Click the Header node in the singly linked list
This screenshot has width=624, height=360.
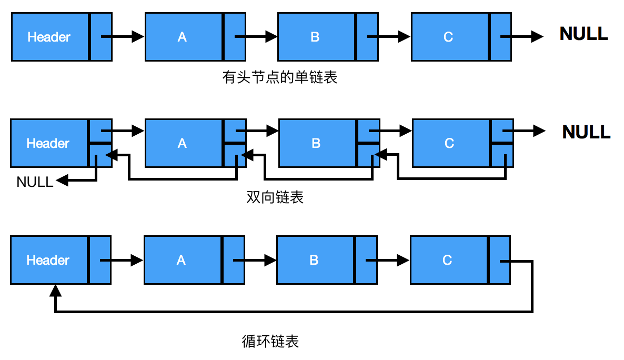tap(49, 37)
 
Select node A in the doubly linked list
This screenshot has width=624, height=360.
tap(183, 143)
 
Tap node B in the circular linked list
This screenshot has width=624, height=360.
tap(314, 260)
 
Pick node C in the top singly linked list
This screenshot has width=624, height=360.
tap(448, 37)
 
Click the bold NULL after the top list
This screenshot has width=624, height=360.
tap(583, 34)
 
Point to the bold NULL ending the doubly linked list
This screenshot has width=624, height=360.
tap(586, 132)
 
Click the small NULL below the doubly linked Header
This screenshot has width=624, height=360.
tap(35, 182)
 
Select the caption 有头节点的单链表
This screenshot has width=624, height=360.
tap(279, 78)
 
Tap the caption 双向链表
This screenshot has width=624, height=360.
tap(275, 198)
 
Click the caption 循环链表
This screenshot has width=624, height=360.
tap(270, 342)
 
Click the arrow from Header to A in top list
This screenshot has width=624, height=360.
tap(122, 37)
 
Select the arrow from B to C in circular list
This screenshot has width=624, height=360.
tap(387, 259)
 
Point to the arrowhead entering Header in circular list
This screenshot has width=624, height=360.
tap(55, 291)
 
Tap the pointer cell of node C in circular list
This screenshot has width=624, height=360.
tap(499, 260)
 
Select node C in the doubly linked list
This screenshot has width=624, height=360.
tap(449, 143)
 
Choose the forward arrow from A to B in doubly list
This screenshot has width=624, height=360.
tap(257, 131)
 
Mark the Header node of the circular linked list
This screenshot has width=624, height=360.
tap(48, 260)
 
